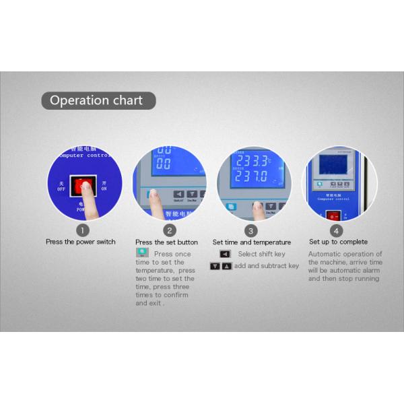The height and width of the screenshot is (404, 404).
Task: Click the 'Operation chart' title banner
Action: pyautogui.click(x=98, y=101)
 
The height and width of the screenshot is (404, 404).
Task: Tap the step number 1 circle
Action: pyautogui.click(x=81, y=230)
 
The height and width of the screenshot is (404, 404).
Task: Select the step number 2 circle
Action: pyautogui.click(x=166, y=230)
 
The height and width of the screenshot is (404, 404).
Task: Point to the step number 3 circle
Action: pyautogui.click(x=251, y=230)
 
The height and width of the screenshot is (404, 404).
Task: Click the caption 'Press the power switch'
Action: pyautogui.click(x=81, y=242)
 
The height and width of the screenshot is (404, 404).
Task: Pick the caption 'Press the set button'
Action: pyautogui.click(x=166, y=242)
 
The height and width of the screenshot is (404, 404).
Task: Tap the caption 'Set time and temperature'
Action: pyautogui.click(x=252, y=242)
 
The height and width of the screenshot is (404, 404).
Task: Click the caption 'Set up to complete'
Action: pyautogui.click(x=338, y=242)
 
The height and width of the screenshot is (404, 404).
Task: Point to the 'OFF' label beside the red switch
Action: pyautogui.click(x=61, y=186)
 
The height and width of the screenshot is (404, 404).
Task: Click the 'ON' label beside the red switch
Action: pyautogui.click(x=104, y=186)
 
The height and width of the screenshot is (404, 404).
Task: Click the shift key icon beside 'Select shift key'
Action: pyautogui.click(x=225, y=254)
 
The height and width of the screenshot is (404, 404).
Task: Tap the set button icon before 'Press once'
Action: pyautogui.click(x=142, y=252)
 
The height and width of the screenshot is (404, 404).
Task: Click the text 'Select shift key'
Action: pyautogui.click(x=261, y=254)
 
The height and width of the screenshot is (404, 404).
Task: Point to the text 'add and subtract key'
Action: pyautogui.click(x=267, y=266)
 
